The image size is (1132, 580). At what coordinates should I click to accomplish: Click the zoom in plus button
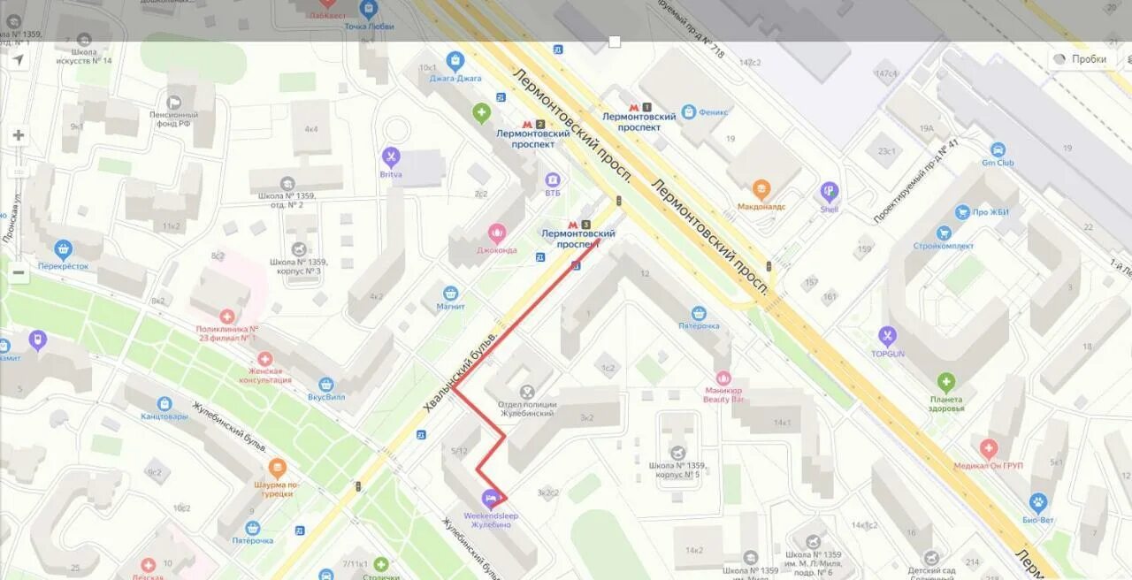[x=18, y=135]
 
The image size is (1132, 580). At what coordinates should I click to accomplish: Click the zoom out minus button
[x=18, y=273]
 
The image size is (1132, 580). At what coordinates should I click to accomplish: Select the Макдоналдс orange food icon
[x=761, y=188]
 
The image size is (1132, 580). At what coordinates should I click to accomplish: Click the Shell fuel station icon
[x=829, y=191]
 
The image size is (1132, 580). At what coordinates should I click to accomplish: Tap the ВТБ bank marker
[x=553, y=179]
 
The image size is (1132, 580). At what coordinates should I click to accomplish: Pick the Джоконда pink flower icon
[x=497, y=233]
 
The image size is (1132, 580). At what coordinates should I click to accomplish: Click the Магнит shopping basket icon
[x=451, y=293]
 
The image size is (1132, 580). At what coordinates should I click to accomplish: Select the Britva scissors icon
[x=391, y=157]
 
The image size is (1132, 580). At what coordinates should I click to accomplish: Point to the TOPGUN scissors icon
[x=888, y=336]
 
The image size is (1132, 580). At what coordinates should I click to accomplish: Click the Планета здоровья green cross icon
[x=946, y=383]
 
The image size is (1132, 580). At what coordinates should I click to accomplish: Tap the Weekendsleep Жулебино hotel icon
[x=490, y=499]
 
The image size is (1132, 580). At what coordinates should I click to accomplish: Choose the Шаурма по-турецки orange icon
[x=277, y=469]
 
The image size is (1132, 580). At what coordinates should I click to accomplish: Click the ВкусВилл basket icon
[x=325, y=385]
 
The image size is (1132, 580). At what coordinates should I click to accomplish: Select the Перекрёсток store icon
[x=63, y=249]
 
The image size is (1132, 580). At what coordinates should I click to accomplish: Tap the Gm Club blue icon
[x=998, y=150]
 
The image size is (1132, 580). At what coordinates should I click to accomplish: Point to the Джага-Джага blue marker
[x=455, y=62]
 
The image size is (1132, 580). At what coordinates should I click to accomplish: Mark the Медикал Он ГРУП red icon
[x=988, y=449]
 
